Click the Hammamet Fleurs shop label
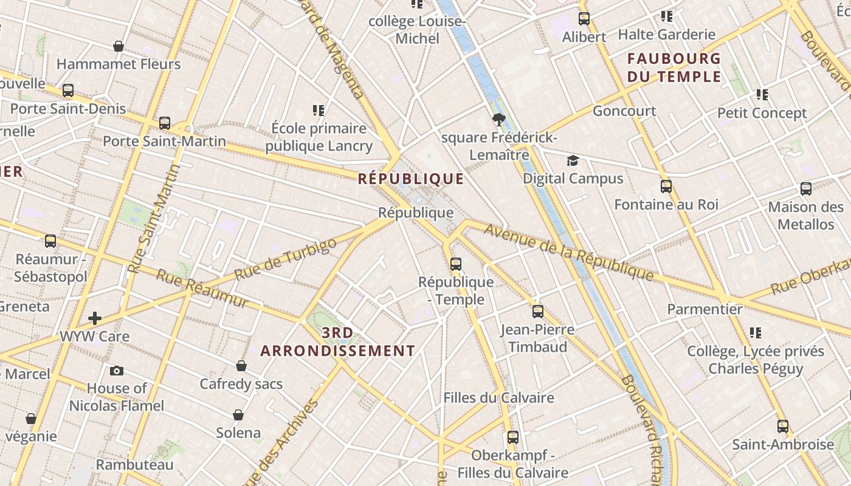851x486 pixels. [x=119, y=64]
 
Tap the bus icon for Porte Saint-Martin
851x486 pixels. [x=165, y=123]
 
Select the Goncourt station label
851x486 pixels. [x=624, y=111]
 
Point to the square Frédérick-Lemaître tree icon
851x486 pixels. [x=499, y=120]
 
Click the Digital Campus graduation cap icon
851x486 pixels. [x=573, y=161]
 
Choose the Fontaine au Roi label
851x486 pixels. [x=666, y=204]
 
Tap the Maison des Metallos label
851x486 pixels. [x=806, y=216]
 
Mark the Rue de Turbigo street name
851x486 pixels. [x=285, y=259]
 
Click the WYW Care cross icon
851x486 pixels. [x=95, y=318]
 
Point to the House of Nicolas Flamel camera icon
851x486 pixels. [x=117, y=371]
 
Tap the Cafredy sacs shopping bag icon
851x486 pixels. [x=241, y=366]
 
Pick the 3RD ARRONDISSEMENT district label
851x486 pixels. [x=338, y=342]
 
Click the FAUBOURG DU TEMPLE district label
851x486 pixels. [x=674, y=67]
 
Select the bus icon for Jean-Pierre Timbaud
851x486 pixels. [x=538, y=312]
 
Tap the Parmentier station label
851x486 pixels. [x=705, y=309]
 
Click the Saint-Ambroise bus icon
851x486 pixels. [x=783, y=426]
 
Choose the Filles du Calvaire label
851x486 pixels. [x=498, y=398]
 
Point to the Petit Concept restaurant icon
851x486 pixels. [x=762, y=95]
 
